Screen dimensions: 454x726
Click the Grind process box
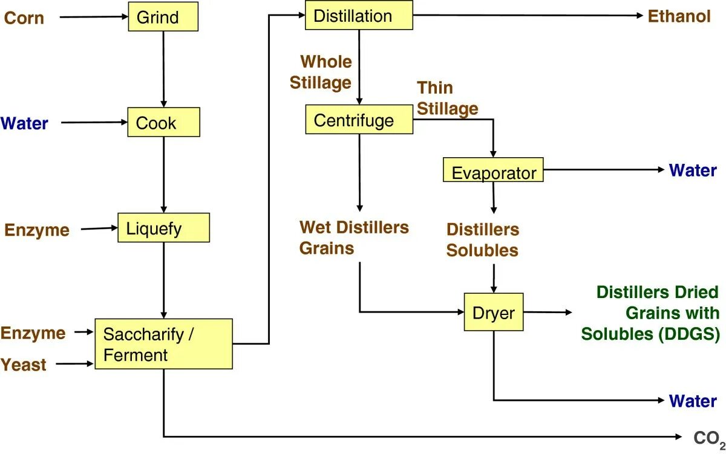163,17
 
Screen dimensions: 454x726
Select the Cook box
163,123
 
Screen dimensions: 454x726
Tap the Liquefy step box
163,229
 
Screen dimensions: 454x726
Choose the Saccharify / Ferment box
163,344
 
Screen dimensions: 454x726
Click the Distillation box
359,16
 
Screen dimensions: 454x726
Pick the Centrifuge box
359,120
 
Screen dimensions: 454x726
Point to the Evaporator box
493,171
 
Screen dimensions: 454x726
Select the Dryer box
493,313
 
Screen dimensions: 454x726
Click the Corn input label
24,18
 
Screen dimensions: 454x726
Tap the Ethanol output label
679,16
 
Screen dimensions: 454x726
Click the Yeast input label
24,365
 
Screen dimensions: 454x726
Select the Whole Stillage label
321,72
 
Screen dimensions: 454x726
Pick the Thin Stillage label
447,98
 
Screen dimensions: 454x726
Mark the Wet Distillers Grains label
354,238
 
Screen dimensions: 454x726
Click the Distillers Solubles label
482,240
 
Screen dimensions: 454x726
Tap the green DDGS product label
650,313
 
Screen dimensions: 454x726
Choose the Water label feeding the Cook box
24,123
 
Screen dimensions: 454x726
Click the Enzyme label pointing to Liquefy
37,230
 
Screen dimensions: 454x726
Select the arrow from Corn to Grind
93,17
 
